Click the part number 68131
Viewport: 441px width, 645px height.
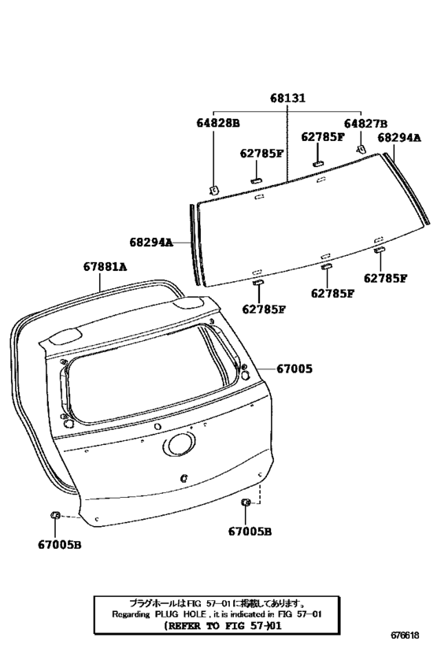287,98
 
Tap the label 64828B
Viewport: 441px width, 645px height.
217,123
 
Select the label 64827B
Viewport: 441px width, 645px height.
365,124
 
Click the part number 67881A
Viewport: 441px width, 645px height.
105,267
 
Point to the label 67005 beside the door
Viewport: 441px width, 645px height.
295,369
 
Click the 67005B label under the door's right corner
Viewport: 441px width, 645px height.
250,532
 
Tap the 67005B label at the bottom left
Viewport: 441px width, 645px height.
60,545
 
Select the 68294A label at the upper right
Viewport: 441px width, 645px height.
399,137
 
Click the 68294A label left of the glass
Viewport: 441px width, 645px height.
151,243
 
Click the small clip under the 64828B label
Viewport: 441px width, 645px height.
213,190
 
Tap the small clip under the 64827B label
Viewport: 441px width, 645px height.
361,149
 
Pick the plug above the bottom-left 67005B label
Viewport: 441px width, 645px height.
55,514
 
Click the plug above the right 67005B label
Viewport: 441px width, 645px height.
246,502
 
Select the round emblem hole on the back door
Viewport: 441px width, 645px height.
180,446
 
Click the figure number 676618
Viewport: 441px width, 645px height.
405,635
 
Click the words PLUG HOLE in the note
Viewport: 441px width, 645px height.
180,614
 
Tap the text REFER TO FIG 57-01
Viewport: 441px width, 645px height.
223,626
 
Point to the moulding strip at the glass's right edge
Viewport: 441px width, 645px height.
406,188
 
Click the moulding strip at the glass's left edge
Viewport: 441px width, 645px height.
195,244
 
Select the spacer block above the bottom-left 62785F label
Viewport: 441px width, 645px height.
258,282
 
